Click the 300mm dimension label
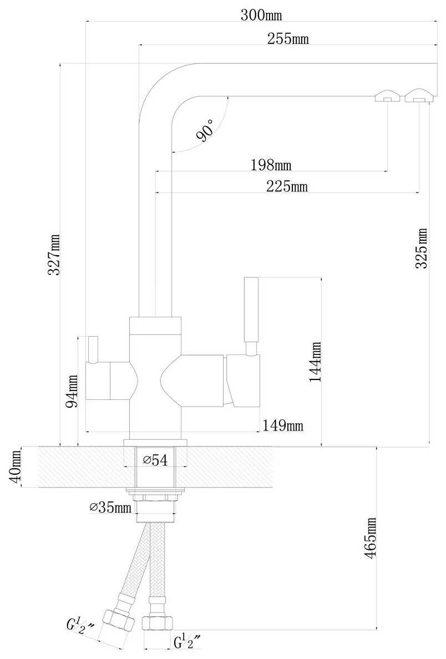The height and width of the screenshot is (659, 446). [x=261, y=15]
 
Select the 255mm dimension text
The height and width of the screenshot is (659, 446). [x=288, y=39]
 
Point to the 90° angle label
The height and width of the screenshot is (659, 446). [x=206, y=130]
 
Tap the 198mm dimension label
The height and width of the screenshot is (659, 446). [x=271, y=165]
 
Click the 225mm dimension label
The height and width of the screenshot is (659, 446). [x=287, y=186]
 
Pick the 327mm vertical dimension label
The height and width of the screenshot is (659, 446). [x=54, y=255]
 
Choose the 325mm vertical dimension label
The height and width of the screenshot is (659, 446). [x=421, y=248]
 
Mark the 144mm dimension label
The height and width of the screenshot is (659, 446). [x=315, y=362]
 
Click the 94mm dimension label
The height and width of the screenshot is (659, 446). [x=72, y=391]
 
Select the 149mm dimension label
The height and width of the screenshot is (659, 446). [x=283, y=425]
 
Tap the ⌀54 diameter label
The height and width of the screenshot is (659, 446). [x=155, y=460]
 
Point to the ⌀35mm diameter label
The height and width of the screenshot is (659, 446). [x=110, y=507]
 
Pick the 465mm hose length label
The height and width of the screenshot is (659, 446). [x=371, y=538]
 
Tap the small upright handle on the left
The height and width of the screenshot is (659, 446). [x=93, y=349]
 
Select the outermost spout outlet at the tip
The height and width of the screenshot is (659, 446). [x=419, y=95]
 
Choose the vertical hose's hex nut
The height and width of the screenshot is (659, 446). [x=156, y=622]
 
